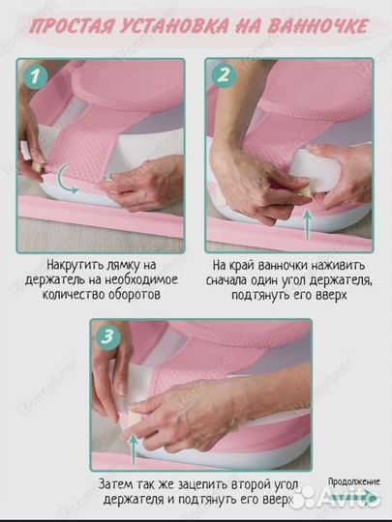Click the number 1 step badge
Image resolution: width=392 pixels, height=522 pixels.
click(x=36, y=77)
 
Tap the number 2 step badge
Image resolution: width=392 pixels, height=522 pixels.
click(x=224, y=75)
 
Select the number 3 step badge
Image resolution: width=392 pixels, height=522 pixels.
click(x=108, y=337)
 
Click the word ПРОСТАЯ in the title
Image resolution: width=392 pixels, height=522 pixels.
click(x=71, y=26)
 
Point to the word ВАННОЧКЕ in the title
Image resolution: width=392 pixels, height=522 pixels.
click(x=318, y=26)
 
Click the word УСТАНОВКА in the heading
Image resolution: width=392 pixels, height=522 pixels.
click(x=174, y=26)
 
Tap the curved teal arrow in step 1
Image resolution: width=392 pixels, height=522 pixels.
click(x=67, y=179)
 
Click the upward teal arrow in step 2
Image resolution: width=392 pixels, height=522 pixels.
click(x=308, y=225)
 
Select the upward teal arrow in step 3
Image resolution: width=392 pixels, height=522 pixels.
click(x=134, y=450)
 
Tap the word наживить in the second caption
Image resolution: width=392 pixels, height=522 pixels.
click(x=340, y=266)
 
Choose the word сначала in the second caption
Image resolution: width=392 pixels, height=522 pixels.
click(x=226, y=280)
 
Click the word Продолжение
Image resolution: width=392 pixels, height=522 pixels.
click(x=354, y=481)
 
